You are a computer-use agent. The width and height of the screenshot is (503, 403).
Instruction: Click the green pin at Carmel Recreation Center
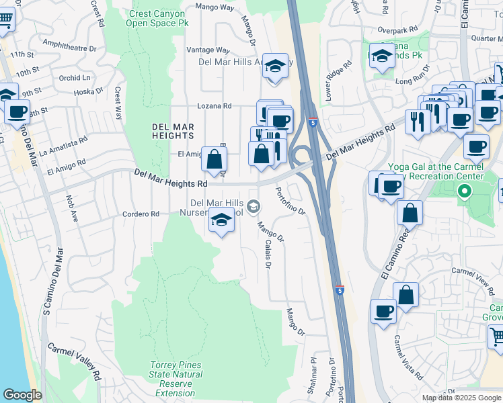463,193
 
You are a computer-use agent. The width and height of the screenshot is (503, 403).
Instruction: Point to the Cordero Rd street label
140,214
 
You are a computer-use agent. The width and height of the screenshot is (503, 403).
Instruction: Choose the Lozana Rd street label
214,106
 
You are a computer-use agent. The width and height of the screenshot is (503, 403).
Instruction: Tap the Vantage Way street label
208,50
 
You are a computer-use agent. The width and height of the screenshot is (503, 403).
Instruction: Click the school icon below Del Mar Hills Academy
274,66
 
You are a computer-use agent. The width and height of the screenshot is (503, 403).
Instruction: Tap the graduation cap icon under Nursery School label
221,220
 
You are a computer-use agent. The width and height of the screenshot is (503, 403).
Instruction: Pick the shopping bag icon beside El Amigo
214,160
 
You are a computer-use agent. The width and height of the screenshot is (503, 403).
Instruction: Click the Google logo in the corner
22,395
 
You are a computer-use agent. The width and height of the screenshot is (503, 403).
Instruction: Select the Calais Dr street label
268,255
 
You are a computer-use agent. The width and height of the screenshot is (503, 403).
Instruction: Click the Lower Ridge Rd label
338,81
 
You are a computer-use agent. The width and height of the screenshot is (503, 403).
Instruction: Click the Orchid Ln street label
74,78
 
